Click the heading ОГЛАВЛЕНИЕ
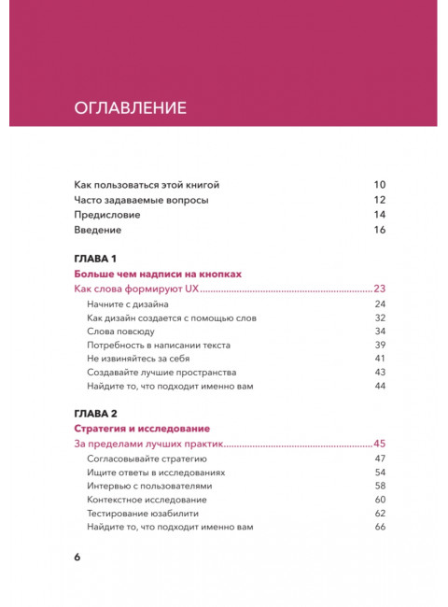130,107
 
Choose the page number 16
380,230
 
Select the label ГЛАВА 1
93,258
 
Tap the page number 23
380,289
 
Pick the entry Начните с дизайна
128,304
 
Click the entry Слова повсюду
120,332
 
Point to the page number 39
380,345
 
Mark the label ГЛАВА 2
94,413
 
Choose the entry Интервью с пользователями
149,487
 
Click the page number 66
380,527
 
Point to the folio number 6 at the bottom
77,558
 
